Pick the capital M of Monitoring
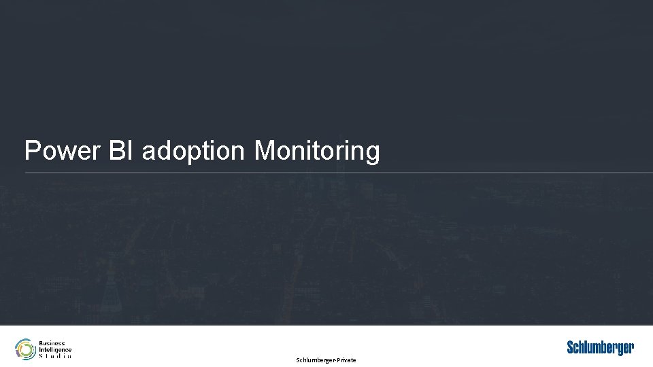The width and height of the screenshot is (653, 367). point(264,150)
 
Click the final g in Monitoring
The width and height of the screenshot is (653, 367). point(373,154)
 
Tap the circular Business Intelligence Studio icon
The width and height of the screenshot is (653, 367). point(25,349)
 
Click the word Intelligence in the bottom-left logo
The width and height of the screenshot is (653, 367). point(55,349)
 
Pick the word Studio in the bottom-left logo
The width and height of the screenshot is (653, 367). point(55,355)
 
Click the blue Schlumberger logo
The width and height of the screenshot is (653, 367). point(601,348)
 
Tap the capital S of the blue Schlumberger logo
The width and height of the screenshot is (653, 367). point(571,348)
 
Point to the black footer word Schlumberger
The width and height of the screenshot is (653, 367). point(315,360)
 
